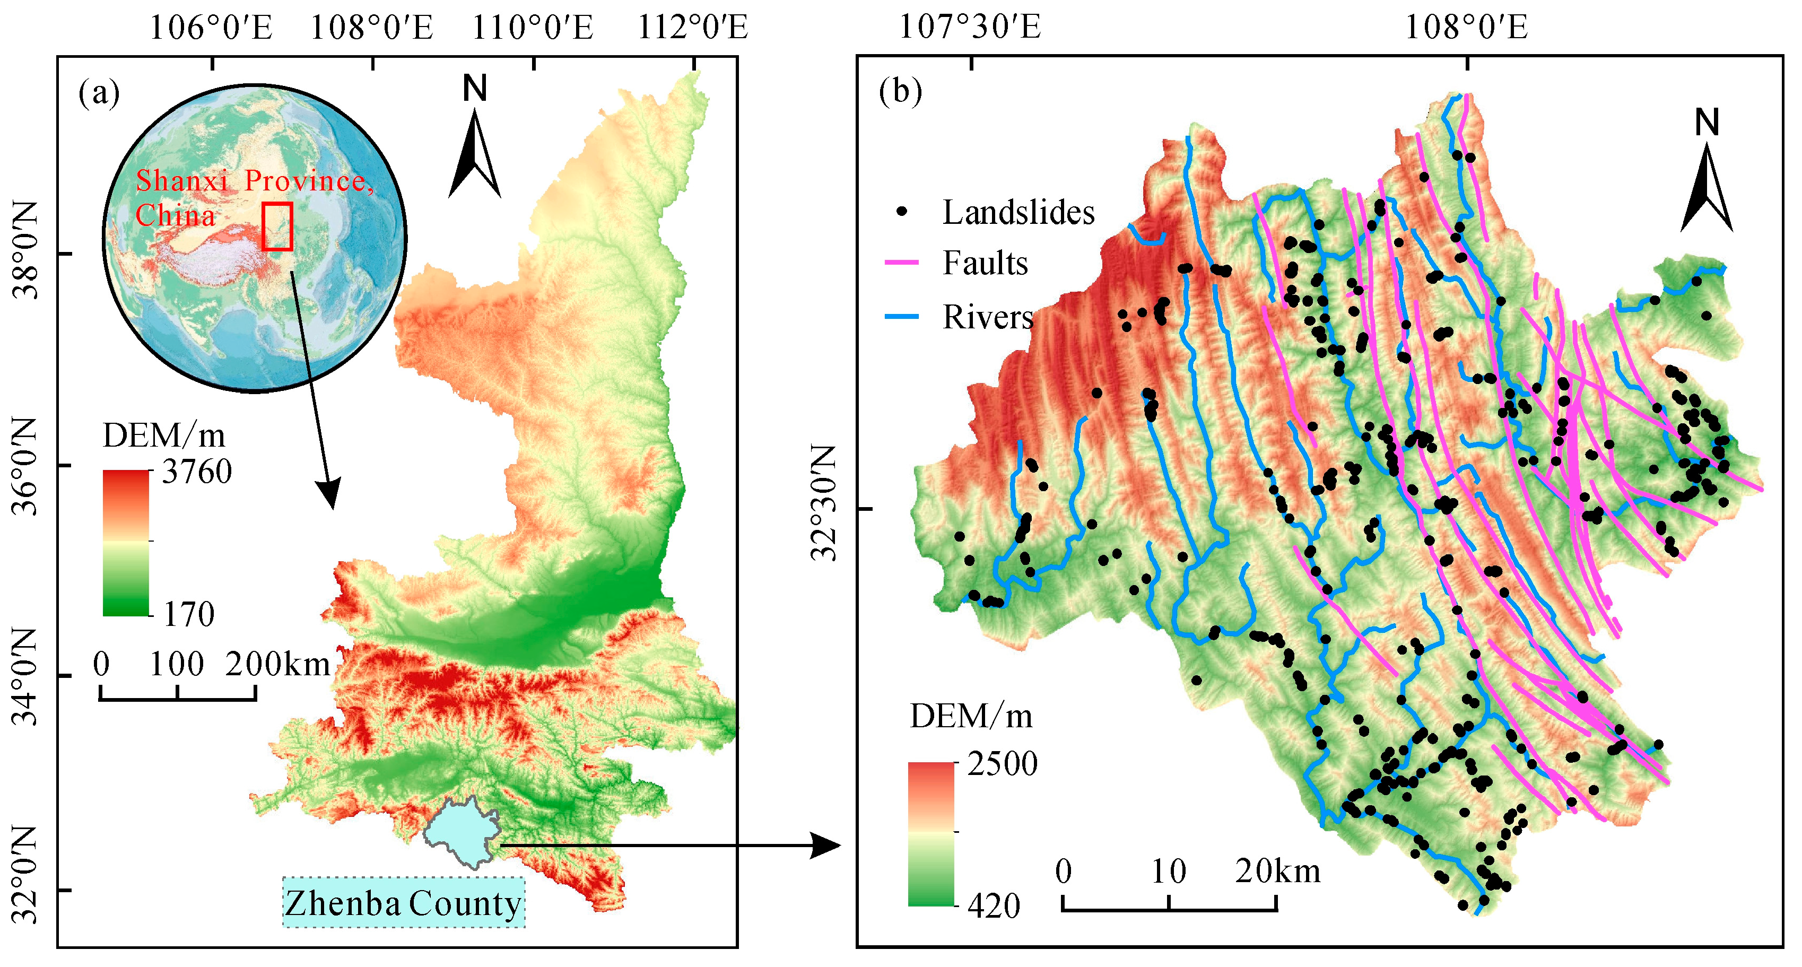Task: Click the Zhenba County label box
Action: pos(404,903)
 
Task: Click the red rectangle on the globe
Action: pos(277,226)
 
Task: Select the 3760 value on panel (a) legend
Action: pos(197,472)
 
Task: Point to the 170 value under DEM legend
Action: pos(189,614)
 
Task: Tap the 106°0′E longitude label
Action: pos(211,29)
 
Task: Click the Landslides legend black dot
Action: pos(902,211)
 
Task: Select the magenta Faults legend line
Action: pos(902,263)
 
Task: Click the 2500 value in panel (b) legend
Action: pos(1002,764)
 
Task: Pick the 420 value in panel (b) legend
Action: pos(994,906)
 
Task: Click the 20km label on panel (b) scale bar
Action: pos(1277,871)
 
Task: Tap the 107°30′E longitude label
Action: pos(970,29)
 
